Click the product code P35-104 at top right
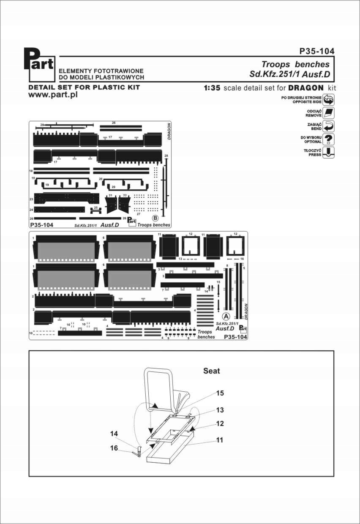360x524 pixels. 316,51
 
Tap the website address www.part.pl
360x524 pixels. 52,95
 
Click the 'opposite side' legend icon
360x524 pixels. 328,100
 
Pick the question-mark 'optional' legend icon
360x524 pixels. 328,139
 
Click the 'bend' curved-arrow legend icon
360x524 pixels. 328,126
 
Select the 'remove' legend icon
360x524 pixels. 328,113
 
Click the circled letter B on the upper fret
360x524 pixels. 155,218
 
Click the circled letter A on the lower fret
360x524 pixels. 226,316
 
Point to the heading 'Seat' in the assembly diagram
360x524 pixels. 212,371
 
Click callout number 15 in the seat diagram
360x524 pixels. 220,393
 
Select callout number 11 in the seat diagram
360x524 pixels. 220,440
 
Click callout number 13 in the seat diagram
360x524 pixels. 220,410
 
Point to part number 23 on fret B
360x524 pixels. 31,199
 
